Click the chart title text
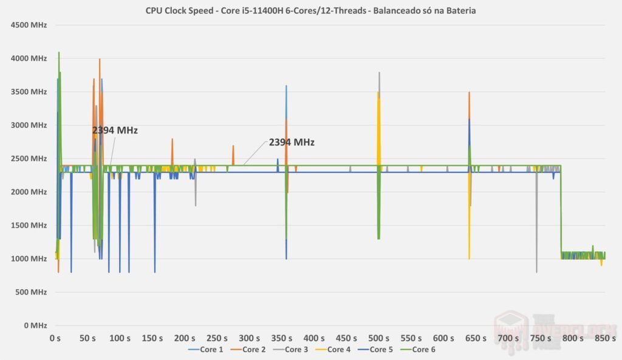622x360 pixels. tap(310, 10)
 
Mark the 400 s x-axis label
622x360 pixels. tap(249, 338)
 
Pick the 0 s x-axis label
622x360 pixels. tap(55, 338)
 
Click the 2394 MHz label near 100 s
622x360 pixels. tap(115, 131)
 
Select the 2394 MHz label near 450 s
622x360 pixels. tap(292, 143)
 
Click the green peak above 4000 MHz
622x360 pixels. tap(59, 53)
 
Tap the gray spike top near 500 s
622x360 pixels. tap(379, 73)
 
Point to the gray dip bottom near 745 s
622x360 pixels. tap(536, 271)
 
